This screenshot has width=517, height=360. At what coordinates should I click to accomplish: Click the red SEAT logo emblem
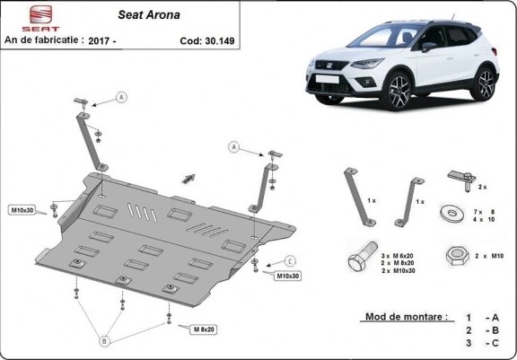tap(41, 14)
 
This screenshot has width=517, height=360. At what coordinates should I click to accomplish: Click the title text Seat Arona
tap(149, 15)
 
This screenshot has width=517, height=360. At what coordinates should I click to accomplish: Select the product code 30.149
tap(220, 41)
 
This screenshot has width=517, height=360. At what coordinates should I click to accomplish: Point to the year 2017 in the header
tap(99, 41)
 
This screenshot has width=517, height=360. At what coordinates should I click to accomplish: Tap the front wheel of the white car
tap(399, 92)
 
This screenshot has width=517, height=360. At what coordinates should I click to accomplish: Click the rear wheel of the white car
tap(484, 83)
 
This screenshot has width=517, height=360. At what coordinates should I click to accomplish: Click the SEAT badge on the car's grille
tap(329, 66)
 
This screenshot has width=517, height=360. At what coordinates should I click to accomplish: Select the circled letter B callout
tap(104, 341)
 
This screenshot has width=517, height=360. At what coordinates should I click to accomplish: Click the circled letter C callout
tap(290, 261)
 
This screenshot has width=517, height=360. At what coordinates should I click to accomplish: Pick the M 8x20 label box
tap(204, 329)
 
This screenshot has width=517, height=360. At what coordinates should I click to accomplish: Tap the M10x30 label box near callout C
tap(288, 276)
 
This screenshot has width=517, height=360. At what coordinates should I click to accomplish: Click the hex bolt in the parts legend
tap(363, 256)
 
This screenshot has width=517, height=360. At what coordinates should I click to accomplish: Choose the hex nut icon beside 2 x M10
tap(458, 256)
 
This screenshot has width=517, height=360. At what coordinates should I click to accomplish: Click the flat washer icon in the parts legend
tap(452, 213)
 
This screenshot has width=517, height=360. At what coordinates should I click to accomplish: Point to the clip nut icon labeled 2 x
tap(462, 180)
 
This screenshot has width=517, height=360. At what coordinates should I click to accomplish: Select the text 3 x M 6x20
tap(397, 256)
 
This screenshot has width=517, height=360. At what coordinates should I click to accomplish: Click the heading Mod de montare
tap(407, 317)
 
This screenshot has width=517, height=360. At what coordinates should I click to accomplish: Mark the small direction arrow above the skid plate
tap(188, 179)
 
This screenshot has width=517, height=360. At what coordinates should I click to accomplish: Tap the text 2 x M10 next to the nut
tap(489, 256)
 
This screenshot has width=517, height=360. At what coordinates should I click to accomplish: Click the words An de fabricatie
tap(41, 40)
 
